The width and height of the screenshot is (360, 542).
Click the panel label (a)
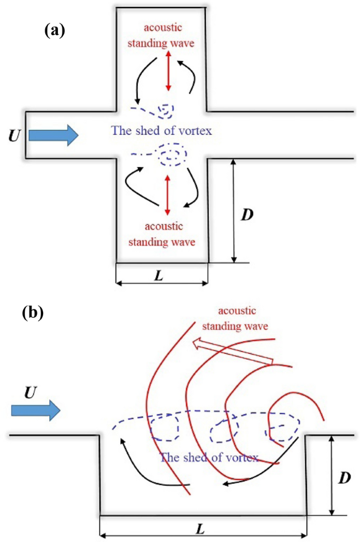click(x=54, y=30)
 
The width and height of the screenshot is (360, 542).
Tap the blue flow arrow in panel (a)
click(x=53, y=135)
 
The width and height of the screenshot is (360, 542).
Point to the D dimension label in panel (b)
click(x=345, y=478)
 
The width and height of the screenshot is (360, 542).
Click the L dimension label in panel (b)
click(x=200, y=529)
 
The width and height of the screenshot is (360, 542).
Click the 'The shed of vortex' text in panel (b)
click(x=209, y=456)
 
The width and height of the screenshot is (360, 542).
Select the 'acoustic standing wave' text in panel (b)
click(x=242, y=318)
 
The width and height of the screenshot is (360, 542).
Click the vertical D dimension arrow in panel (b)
click(x=332, y=475)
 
